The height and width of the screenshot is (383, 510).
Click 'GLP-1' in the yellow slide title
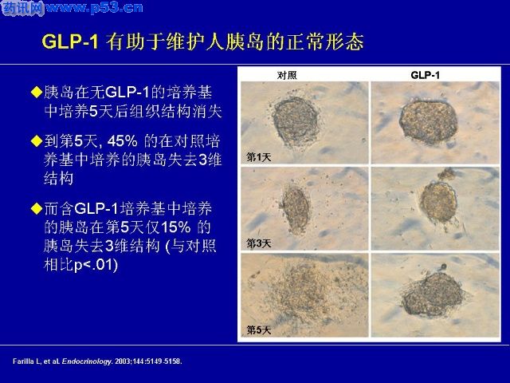[x=70, y=41]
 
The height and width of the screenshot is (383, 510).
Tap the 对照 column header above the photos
[x=287, y=75]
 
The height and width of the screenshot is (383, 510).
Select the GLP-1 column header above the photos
[x=425, y=75]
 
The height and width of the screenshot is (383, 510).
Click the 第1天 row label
[x=258, y=157]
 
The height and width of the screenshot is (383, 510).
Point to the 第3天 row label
[x=258, y=243]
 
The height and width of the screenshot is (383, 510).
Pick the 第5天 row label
[x=258, y=330]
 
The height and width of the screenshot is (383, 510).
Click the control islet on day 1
[x=295, y=120]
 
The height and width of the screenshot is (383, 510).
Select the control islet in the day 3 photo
[x=296, y=208]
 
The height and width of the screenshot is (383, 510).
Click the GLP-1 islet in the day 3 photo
[x=439, y=202]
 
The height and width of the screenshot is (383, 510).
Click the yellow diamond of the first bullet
[x=37, y=93]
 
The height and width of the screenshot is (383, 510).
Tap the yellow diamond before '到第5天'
[x=37, y=141]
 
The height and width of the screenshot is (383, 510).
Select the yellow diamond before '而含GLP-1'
[x=37, y=208]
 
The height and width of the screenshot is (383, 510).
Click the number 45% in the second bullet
[x=122, y=141]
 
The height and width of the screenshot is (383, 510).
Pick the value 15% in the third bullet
[x=175, y=227]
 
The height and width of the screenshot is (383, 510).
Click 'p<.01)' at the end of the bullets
[x=96, y=265]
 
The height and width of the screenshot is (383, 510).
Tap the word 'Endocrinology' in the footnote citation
[x=87, y=361]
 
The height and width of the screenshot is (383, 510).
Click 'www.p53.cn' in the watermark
[x=94, y=8]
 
